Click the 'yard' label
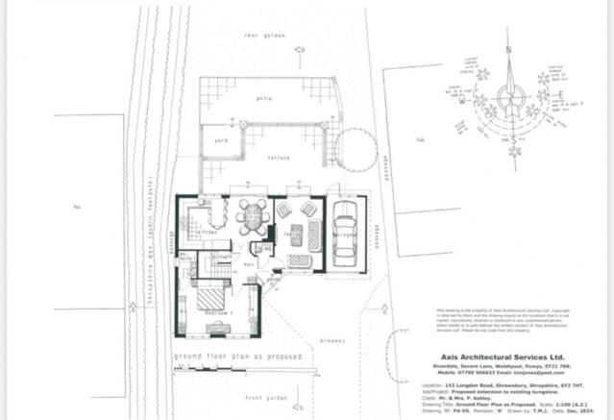[x=220, y=140]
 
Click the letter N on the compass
[x=509, y=47]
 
